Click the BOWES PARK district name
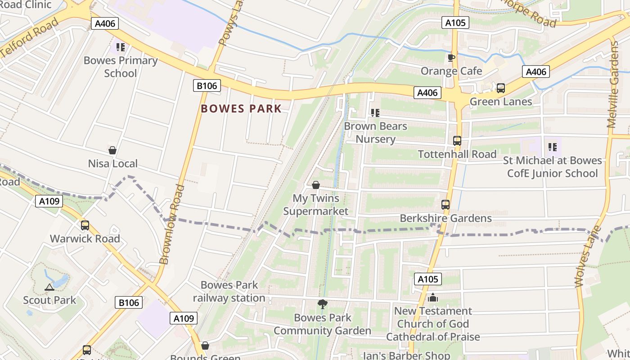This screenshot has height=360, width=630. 241,108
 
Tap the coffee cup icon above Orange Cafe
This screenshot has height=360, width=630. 451,58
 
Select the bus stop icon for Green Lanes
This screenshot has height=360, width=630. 501,88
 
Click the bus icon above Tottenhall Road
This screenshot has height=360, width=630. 457,141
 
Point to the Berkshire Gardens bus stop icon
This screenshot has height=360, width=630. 445,205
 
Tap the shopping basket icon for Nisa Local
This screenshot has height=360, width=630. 112,150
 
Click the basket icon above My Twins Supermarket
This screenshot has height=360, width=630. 316,185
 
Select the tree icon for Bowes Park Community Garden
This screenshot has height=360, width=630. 322,305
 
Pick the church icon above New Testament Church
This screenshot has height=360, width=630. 433,297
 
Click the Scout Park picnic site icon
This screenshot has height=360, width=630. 49,287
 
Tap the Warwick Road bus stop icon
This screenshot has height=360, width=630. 85,225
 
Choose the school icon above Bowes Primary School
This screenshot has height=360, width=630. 120,47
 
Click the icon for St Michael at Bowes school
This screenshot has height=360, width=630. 553,147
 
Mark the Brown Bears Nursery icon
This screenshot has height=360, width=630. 375,113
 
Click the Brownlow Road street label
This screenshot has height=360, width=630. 172,224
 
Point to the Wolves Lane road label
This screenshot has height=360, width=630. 589,256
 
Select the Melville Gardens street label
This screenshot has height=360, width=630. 614,85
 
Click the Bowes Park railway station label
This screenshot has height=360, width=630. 229,291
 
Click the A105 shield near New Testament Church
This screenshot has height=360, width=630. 427,279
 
